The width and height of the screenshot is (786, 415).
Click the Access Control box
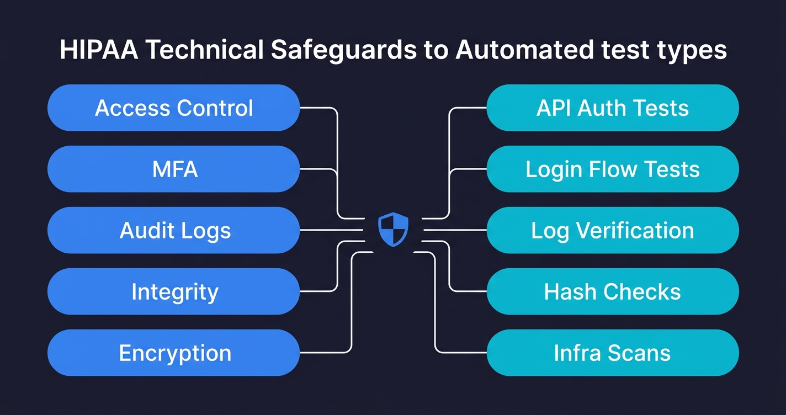173,108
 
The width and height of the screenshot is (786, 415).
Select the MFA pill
173,169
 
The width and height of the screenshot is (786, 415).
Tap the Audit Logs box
173,230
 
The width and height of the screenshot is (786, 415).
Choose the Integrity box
173,291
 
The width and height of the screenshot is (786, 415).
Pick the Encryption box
173,353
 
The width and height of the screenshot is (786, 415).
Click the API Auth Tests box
612,108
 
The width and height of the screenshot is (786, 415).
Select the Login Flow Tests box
612,169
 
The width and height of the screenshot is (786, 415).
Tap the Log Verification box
612,230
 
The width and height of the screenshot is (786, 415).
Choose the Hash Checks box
612,291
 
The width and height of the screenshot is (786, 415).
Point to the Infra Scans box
612,353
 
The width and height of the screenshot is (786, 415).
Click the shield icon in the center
393,230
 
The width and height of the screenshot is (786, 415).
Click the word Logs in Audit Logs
208,231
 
